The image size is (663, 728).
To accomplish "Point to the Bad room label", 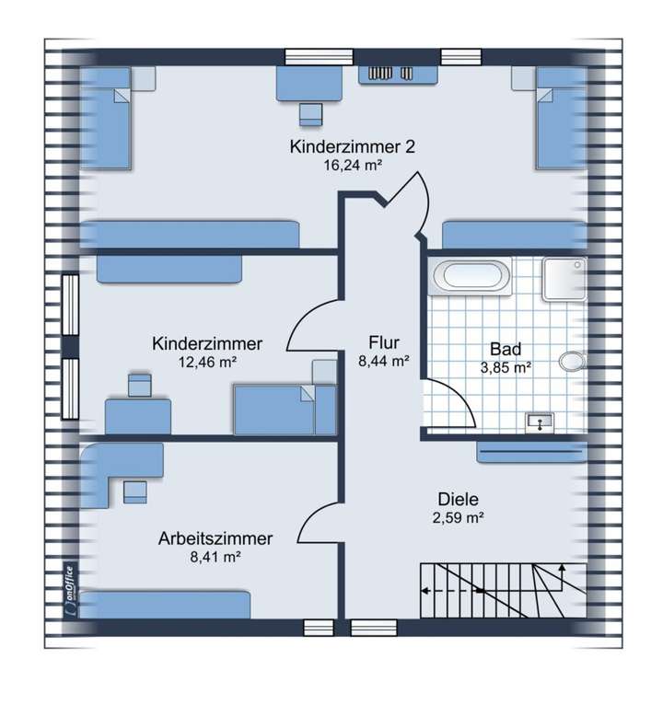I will click(x=506, y=349).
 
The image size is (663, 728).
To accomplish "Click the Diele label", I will click(x=458, y=499).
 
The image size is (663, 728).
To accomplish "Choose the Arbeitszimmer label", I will click(x=215, y=537).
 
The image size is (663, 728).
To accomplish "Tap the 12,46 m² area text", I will click(x=207, y=362).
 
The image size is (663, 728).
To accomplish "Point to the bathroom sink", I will click(x=539, y=422).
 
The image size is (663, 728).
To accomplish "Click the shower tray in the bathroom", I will click(x=563, y=278).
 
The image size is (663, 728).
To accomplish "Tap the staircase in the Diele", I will click(x=502, y=590).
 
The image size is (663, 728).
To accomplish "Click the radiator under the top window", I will click(x=380, y=74).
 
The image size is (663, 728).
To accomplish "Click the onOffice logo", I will click(x=70, y=586).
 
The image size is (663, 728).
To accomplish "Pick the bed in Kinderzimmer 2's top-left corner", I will click(x=106, y=120).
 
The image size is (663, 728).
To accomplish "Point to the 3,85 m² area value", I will click(x=506, y=367).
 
